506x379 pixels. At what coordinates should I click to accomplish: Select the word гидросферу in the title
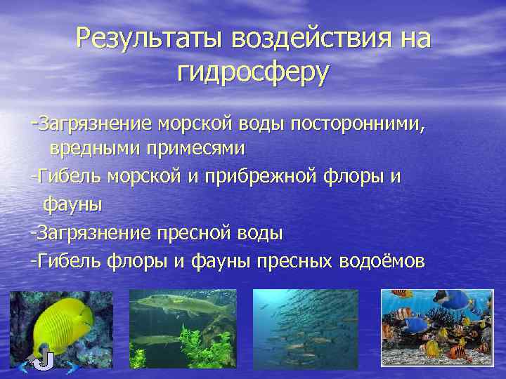pos(253,72)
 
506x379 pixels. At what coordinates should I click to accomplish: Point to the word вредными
pos(94,149)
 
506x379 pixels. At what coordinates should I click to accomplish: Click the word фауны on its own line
pos(73,204)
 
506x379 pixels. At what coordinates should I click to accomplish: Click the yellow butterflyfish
pos(63,322)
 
